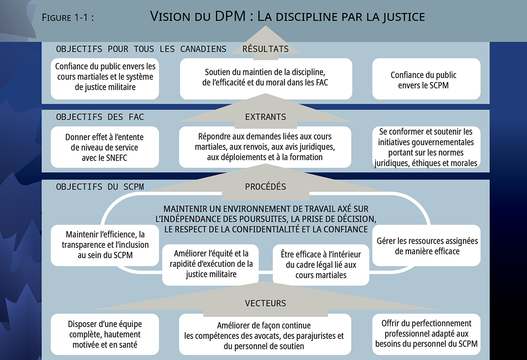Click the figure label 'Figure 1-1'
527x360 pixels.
point(68,18)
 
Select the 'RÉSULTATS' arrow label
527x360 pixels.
point(266,49)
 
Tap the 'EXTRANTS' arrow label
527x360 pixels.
point(266,117)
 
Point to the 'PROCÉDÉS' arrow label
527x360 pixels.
point(266,187)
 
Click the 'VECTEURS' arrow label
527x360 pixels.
point(266,303)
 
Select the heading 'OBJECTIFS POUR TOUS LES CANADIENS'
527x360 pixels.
point(141,49)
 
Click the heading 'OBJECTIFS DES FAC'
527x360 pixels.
point(100,117)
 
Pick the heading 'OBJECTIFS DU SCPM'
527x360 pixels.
point(100,187)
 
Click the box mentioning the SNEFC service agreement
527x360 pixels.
point(105,147)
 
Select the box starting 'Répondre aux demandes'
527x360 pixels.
point(266,147)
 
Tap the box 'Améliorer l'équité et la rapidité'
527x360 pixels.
point(211,264)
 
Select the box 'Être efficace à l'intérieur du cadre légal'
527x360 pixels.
point(321,265)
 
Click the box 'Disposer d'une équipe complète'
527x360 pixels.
point(105,334)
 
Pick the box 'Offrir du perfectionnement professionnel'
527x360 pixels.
point(426,334)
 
